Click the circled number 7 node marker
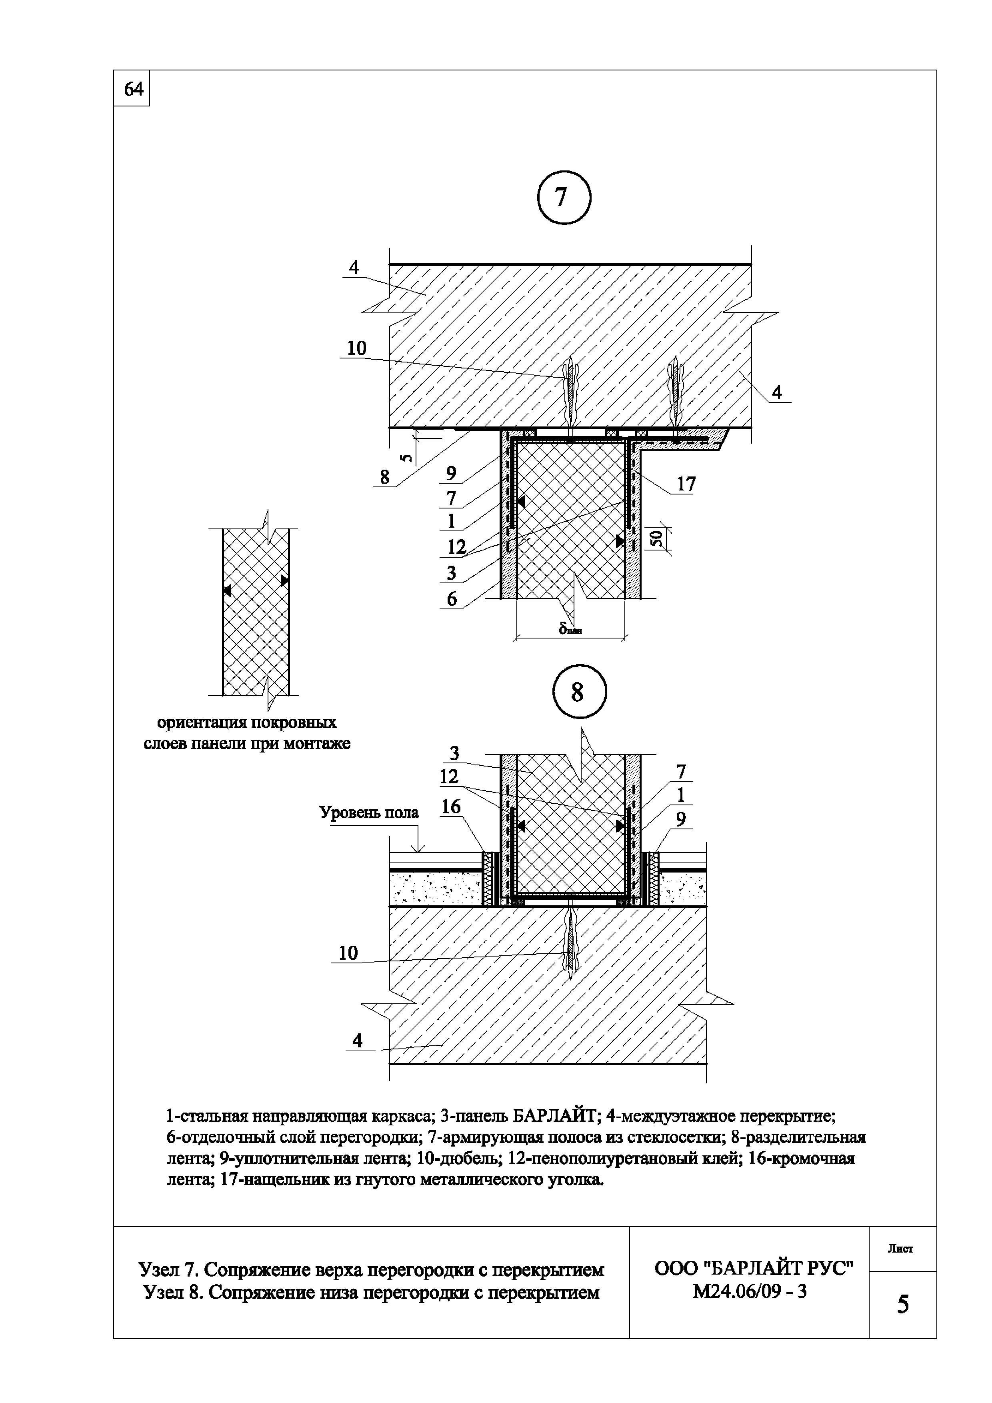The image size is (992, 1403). click(563, 197)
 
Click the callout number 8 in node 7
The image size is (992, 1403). click(385, 476)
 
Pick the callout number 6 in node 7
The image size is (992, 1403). click(452, 599)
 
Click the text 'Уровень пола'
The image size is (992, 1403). click(368, 813)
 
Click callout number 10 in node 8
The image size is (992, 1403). click(348, 953)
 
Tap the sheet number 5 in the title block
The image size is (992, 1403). click(902, 1305)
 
